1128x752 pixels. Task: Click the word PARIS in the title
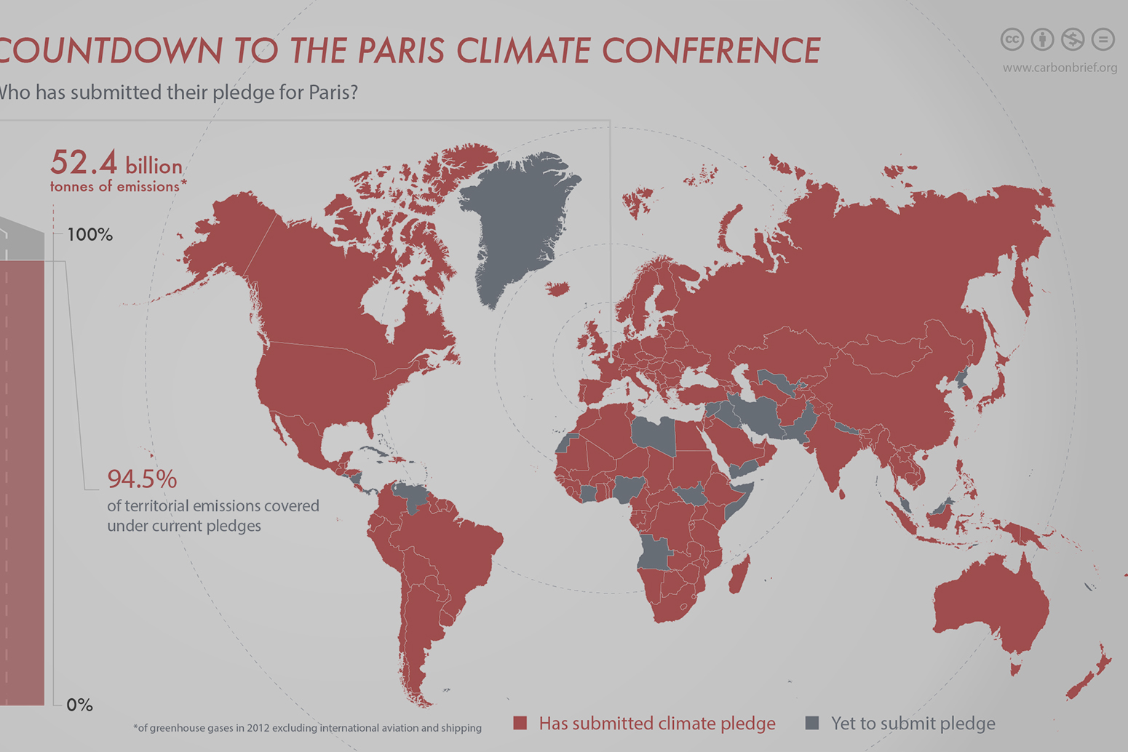click(x=401, y=51)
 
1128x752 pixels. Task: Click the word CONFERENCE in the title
click(x=711, y=51)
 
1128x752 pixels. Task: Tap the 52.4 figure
click(x=83, y=162)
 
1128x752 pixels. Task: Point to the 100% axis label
click(x=90, y=235)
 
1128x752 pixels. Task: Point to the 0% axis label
click(x=79, y=705)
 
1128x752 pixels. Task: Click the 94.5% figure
click(x=142, y=479)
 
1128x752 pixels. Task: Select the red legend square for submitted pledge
click(x=520, y=723)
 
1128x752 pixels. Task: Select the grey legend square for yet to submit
click(x=812, y=723)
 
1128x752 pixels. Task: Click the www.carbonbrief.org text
click(x=1060, y=68)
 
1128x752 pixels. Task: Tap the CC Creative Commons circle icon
click(x=1012, y=39)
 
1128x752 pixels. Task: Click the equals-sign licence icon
click(x=1103, y=39)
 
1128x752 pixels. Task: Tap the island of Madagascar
click(x=739, y=575)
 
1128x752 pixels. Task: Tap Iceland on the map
click(x=557, y=289)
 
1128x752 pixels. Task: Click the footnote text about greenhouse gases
click(x=307, y=727)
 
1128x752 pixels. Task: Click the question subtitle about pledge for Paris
click(x=178, y=92)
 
